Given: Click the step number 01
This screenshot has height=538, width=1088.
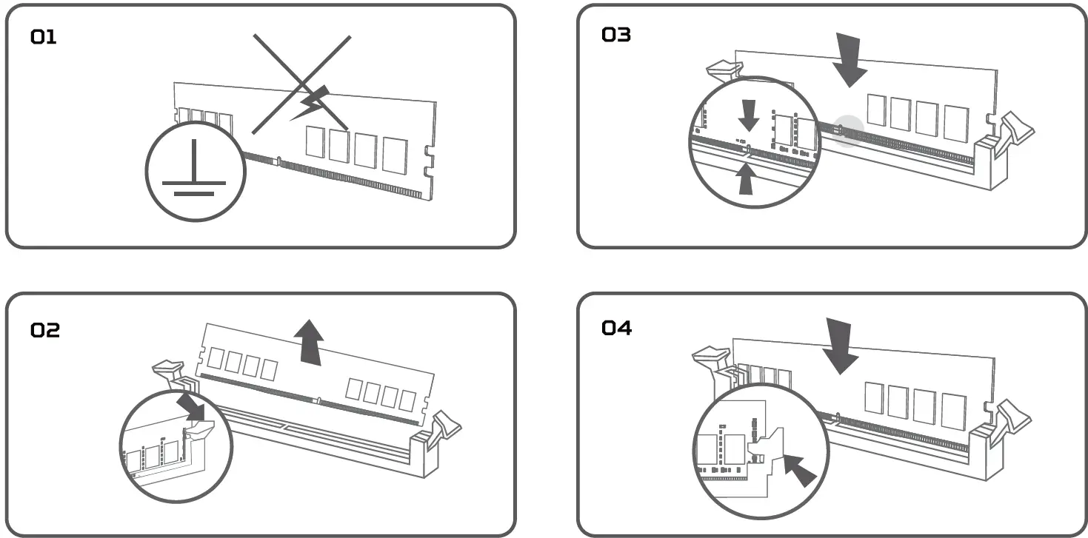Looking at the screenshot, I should click(x=43, y=37).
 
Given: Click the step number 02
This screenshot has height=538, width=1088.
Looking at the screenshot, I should click(x=45, y=330).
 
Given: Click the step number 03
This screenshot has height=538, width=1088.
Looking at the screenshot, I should click(x=616, y=35).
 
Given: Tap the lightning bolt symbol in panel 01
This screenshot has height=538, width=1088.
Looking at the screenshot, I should click(x=309, y=104).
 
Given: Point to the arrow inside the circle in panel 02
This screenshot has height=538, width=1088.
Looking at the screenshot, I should click(x=193, y=406).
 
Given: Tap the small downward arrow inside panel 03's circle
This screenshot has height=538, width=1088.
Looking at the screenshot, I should click(x=749, y=115).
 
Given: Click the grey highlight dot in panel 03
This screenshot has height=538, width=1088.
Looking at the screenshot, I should click(x=848, y=130).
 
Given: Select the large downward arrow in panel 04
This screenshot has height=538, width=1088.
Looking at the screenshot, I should click(x=841, y=345).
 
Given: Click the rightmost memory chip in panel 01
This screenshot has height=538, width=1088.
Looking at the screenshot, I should click(x=395, y=155).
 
